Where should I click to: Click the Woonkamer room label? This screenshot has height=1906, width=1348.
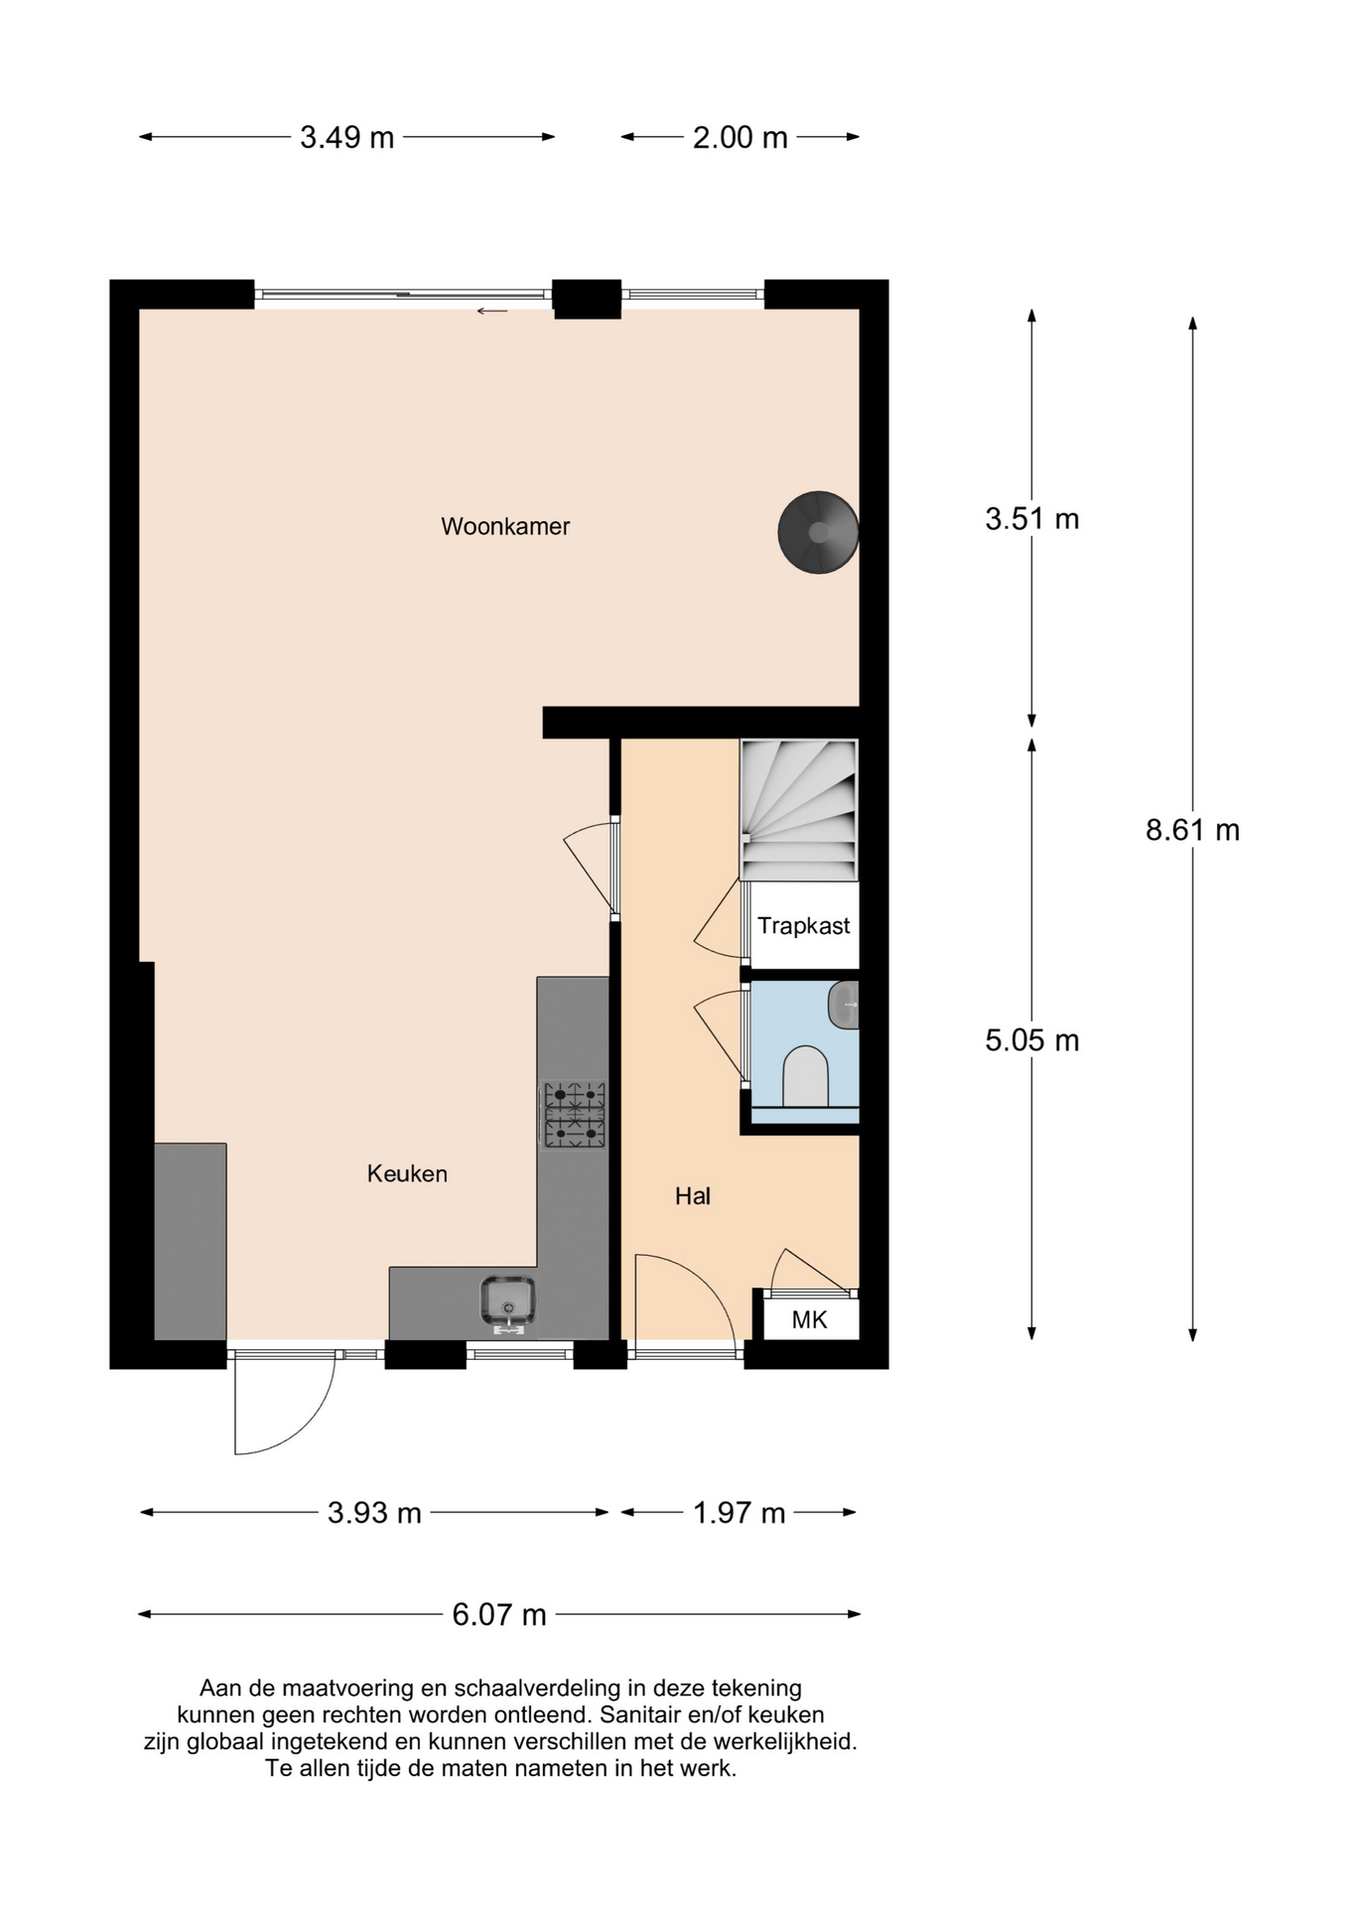(x=505, y=526)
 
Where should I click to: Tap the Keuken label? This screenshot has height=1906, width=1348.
(x=407, y=1173)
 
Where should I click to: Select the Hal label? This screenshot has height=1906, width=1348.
(x=692, y=1196)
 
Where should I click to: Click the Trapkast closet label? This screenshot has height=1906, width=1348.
(x=803, y=926)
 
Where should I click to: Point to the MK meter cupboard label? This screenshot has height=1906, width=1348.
(x=809, y=1319)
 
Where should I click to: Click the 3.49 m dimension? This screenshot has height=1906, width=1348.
(x=346, y=137)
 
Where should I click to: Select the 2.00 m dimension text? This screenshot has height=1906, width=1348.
(x=740, y=137)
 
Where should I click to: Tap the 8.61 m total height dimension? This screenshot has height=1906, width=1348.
(x=1192, y=830)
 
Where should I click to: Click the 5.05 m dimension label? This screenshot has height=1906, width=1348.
(x=1031, y=1040)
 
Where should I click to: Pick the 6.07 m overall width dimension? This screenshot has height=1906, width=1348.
(x=498, y=1615)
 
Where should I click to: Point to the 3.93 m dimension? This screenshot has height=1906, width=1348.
(x=374, y=1513)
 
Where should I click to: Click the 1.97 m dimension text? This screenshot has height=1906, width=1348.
(x=739, y=1513)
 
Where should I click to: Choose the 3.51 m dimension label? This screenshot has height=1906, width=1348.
(x=1031, y=518)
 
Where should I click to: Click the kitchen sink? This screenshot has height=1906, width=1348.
(x=508, y=1301)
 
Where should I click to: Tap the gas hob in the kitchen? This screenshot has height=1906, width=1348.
(x=574, y=1114)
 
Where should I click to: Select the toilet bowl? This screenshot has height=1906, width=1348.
(x=805, y=1077)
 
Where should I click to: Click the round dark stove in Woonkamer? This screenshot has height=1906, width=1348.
(x=818, y=533)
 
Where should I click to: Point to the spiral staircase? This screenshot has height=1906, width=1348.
(x=799, y=809)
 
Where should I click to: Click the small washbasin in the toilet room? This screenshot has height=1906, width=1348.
(x=845, y=1005)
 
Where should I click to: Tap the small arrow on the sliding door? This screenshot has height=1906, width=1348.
(x=491, y=312)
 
